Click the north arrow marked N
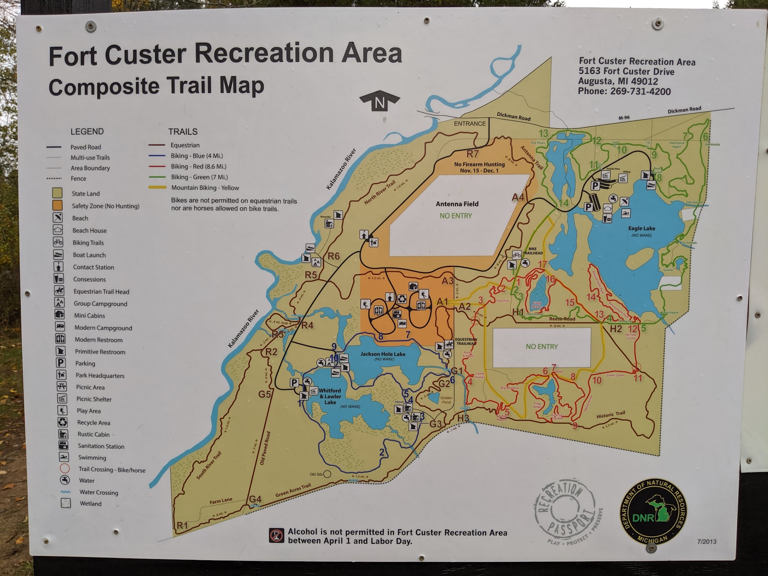click(x=380, y=102)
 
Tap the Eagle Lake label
click(x=642, y=228)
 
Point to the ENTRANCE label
click(x=470, y=123)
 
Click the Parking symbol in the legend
click(x=61, y=363)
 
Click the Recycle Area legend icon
click(x=61, y=422)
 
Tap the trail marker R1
click(x=182, y=526)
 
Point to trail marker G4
click(x=255, y=499)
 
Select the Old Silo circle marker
click(x=327, y=474)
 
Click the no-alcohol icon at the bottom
click(x=277, y=535)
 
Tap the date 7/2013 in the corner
click(x=706, y=541)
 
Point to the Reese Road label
click(x=562, y=319)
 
